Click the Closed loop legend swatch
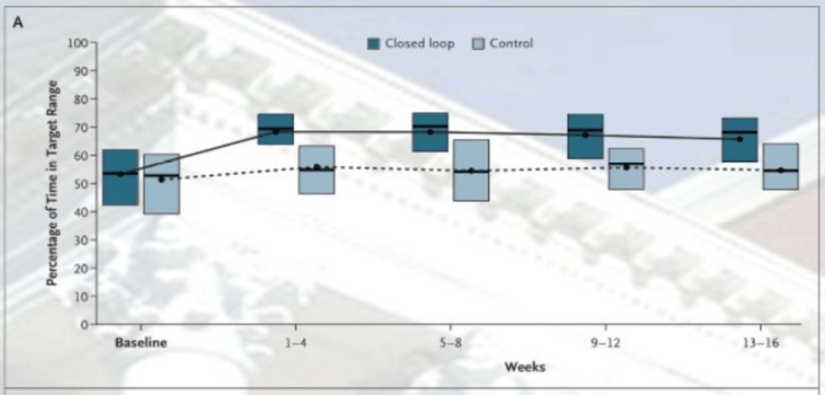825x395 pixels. point(374,44)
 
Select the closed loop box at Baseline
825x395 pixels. point(120,177)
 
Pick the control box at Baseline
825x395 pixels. point(161,184)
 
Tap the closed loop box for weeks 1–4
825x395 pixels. point(275,129)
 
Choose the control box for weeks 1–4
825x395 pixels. point(316,169)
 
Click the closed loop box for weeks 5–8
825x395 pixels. point(430,131)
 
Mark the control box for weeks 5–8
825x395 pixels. point(471,170)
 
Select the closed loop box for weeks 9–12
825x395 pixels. point(585,136)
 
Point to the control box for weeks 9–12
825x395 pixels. point(626,168)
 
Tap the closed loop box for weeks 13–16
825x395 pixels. point(739,139)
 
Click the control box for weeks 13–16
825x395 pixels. point(780,166)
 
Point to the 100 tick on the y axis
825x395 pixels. point(77,43)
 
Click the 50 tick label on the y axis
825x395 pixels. point(79,184)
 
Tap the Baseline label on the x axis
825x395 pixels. point(140,343)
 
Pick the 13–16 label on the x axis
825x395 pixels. point(760,343)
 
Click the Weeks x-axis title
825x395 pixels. point(525,367)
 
